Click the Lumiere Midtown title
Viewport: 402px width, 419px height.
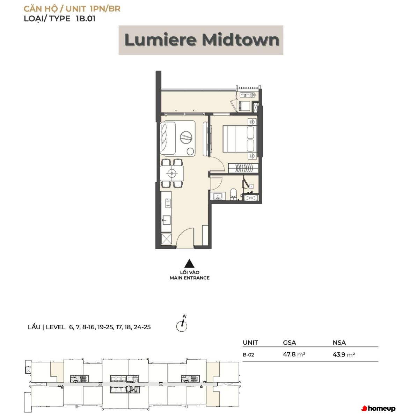[x=202, y=40]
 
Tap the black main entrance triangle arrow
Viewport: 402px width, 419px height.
[x=189, y=263]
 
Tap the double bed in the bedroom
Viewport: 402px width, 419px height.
[x=240, y=139]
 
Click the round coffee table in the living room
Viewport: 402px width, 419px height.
[x=186, y=137]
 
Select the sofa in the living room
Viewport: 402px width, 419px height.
[x=168, y=138]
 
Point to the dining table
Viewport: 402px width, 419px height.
[x=172, y=173]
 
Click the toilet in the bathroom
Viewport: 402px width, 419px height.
[x=233, y=194]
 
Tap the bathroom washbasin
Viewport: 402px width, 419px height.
[x=218, y=196]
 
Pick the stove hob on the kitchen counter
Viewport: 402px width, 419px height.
[x=168, y=203]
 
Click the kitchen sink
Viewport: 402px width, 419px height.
[x=166, y=220]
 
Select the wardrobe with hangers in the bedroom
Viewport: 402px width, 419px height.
[x=243, y=168]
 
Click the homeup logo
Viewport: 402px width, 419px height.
[x=378, y=409]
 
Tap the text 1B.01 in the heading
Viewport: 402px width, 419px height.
[x=86, y=19]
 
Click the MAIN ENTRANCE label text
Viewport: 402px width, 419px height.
[x=190, y=278]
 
